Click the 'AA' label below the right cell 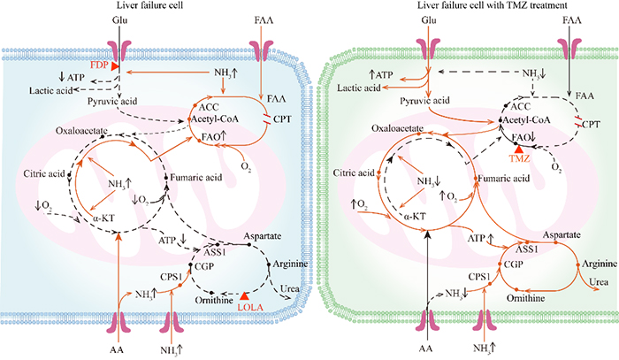pos(425,349)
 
